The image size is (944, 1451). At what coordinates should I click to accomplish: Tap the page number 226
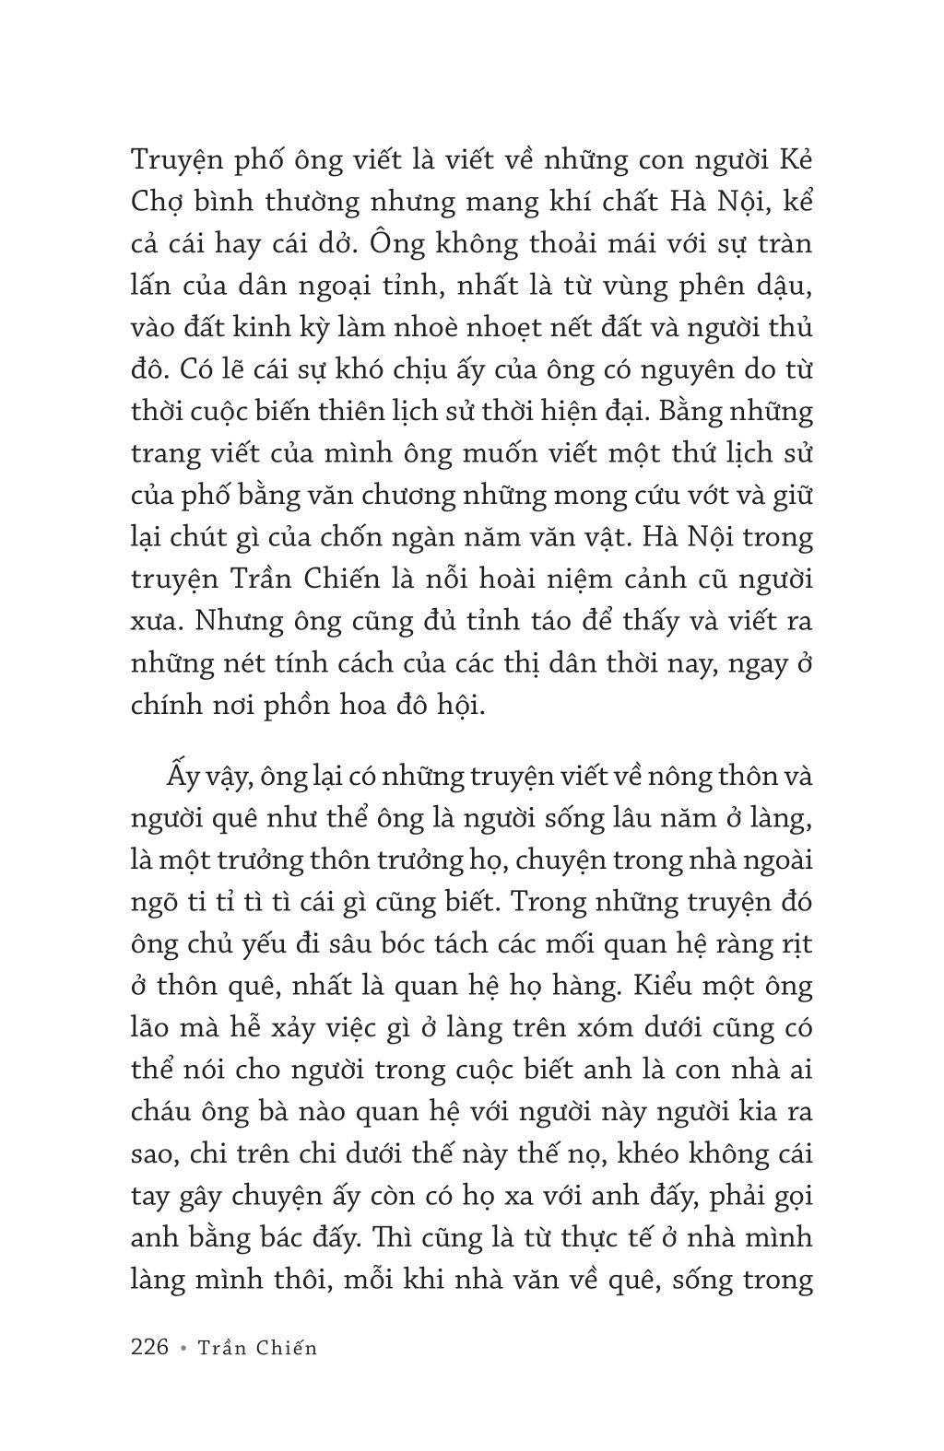tap(149, 1347)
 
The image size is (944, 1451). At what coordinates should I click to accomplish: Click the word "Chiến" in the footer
tap(285, 1348)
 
